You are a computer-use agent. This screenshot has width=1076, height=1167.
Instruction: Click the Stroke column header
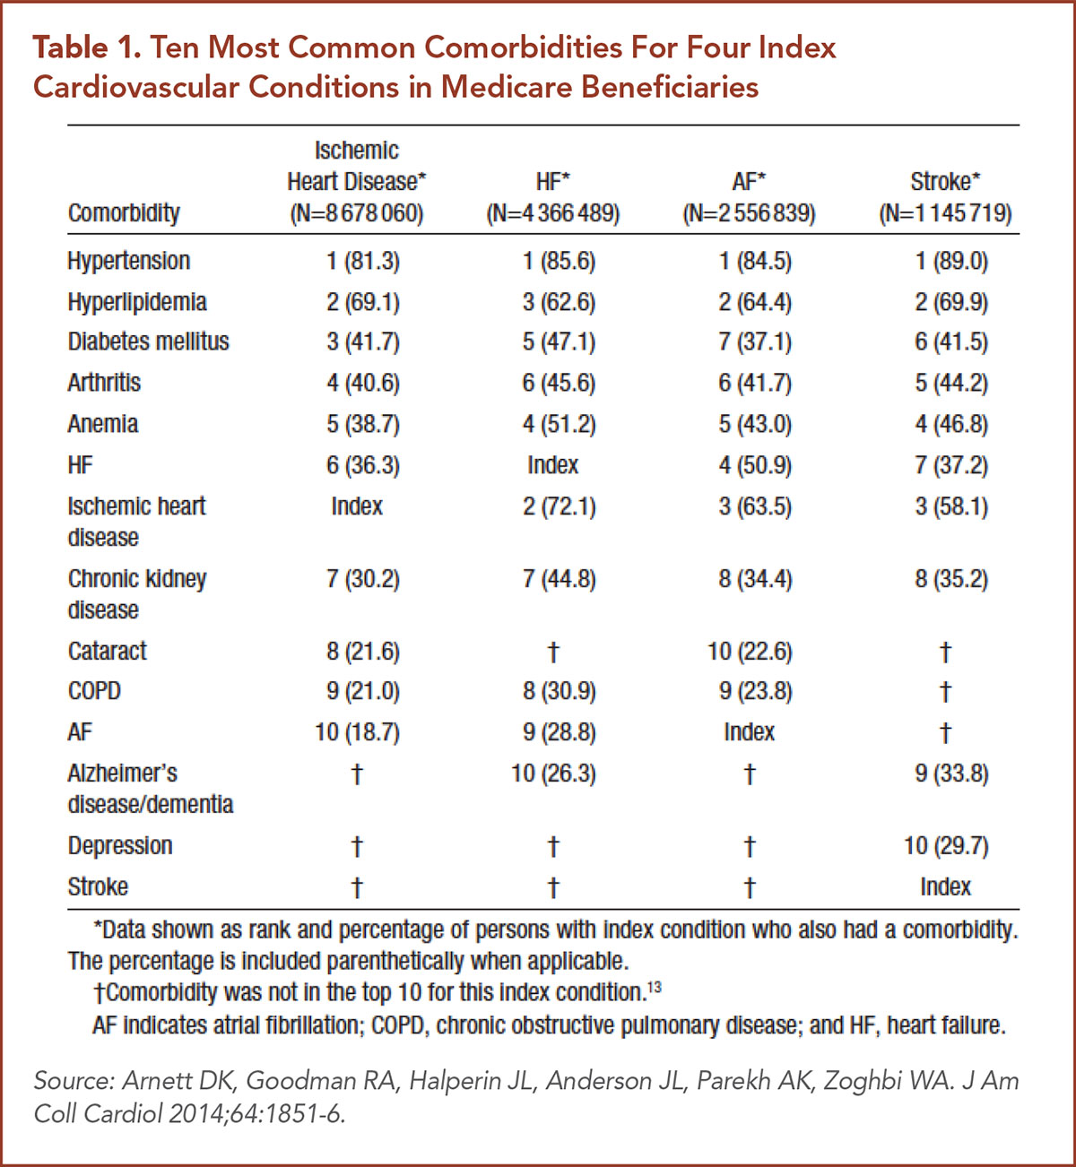tap(945, 182)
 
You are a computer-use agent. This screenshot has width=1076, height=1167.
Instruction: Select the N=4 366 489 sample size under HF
tap(553, 214)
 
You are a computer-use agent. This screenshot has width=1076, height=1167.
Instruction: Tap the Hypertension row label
tap(129, 261)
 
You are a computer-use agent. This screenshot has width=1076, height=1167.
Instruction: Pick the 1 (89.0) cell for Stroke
tap(951, 261)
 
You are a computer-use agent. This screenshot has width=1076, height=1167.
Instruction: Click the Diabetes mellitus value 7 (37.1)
tap(755, 341)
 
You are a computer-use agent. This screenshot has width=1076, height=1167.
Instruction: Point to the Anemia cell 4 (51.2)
tap(560, 424)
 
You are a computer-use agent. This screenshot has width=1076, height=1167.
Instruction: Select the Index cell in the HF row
tap(553, 465)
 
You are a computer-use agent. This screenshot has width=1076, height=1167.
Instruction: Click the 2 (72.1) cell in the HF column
tap(560, 506)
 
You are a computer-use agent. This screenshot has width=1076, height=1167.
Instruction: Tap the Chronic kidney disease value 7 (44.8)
tap(560, 579)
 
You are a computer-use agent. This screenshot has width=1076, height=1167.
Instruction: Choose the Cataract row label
tap(108, 651)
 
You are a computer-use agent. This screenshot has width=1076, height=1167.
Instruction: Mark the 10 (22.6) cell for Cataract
tap(750, 651)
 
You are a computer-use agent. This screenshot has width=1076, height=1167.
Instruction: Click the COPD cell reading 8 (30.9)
tap(560, 691)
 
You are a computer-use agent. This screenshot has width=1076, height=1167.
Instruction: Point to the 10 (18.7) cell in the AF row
tap(357, 732)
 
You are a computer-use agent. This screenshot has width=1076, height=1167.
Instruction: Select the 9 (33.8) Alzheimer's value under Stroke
tap(951, 773)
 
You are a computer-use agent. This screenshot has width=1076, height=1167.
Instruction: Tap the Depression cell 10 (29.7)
tap(946, 845)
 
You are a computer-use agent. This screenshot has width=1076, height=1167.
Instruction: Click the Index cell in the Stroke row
tap(945, 886)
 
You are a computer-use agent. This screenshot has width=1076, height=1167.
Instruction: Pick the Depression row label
tap(120, 845)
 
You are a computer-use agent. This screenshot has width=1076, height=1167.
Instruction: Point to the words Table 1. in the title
tap(87, 48)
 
